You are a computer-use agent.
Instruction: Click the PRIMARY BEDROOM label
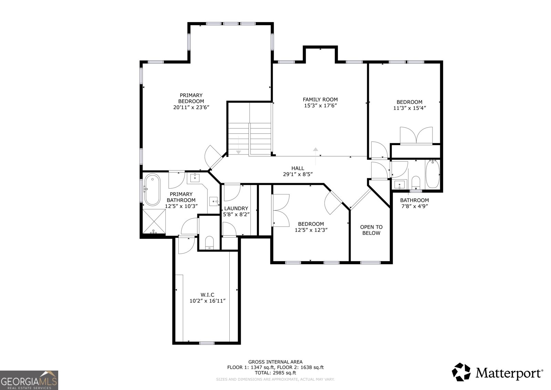pos(191,98)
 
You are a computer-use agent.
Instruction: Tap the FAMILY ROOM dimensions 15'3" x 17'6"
pos(320,105)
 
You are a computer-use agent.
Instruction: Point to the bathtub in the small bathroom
pos(433,174)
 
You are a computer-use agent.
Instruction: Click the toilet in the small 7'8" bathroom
pos(416,183)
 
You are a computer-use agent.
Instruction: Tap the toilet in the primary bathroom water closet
pos(209,242)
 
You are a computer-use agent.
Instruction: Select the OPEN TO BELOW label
pos(371,230)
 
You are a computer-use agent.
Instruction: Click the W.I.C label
pos(207,294)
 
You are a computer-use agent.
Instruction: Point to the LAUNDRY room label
pos(236,208)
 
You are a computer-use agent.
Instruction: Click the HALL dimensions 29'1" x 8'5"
pos(298,174)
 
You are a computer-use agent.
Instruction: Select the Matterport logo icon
pos(461,372)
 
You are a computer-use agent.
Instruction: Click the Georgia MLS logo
pos(29,380)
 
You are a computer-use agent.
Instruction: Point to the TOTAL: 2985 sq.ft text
pos(275,373)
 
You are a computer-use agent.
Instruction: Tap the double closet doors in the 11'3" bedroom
pos(416,135)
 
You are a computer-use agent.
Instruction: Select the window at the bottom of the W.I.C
pos(207,342)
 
